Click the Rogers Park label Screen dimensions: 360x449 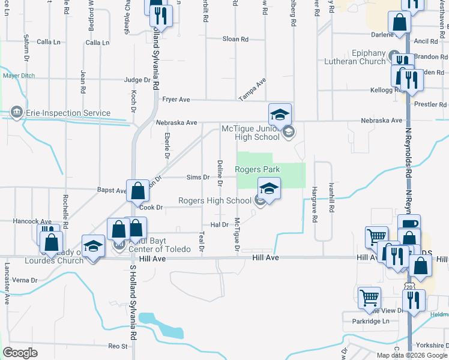(257, 170)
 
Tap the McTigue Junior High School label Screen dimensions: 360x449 (250, 132)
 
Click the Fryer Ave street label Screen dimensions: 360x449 (176, 100)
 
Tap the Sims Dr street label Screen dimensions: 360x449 (197, 178)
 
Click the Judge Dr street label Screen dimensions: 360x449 (137, 80)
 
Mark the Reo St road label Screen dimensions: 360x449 (118, 346)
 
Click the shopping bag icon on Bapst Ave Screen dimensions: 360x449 (138, 190)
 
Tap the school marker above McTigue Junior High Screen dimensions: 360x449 (280, 113)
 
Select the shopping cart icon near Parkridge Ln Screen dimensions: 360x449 (369, 298)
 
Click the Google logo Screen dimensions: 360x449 (20, 353)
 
